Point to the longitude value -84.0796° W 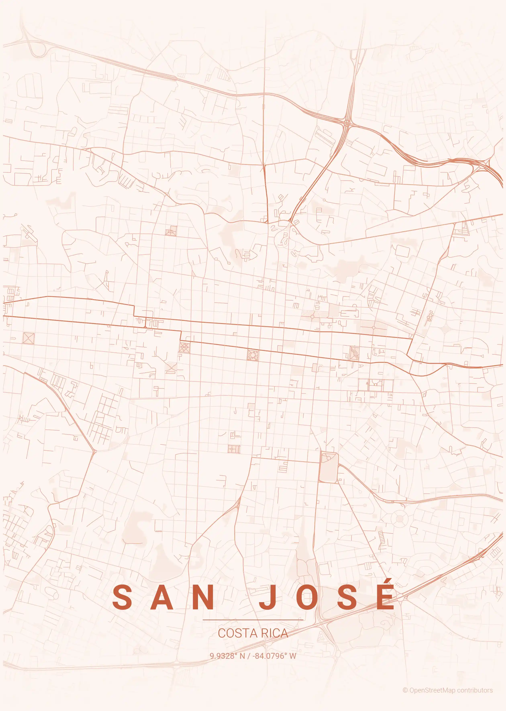click(274, 656)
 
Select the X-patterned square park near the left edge click(28, 338)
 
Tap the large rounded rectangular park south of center click(328, 467)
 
